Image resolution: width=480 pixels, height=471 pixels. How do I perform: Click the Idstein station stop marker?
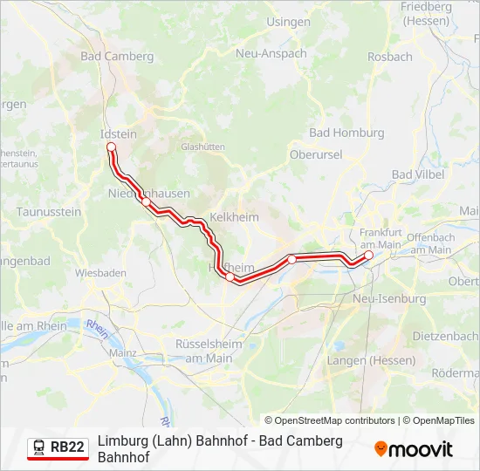111,147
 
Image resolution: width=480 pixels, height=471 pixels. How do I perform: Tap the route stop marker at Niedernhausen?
147,202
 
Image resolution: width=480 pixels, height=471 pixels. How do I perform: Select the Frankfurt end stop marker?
368,256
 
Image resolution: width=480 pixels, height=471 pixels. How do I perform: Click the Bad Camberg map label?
116,57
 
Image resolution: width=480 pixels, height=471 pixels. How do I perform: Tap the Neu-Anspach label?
271,53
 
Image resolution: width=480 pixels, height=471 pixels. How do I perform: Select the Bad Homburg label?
346,133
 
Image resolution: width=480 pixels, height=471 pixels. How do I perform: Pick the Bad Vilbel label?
418,174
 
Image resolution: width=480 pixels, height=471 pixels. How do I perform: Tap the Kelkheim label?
234,216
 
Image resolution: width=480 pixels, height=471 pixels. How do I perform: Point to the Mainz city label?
124,352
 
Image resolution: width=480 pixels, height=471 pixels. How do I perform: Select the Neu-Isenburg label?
389,298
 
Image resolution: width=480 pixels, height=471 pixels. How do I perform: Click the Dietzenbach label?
445,336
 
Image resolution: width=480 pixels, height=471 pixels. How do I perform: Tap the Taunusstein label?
49,212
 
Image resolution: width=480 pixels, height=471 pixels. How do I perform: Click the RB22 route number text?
67,447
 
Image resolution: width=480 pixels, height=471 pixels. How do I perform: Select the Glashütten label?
203,147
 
